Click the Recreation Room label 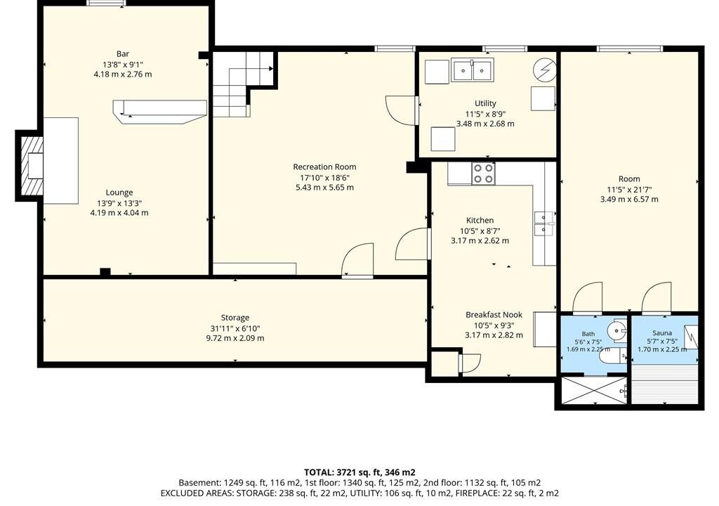[324, 167]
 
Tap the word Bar [122, 53]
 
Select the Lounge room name [119, 193]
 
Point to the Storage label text [235, 318]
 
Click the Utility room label [485, 103]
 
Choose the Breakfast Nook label [494, 315]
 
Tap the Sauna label [662, 333]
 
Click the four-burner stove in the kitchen [483, 174]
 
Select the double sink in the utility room [473, 70]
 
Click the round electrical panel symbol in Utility [545, 70]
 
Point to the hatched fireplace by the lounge [29, 166]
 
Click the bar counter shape [159, 112]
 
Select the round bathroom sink [616, 330]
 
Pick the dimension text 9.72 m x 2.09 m [235, 339]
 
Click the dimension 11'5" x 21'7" [629, 189]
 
